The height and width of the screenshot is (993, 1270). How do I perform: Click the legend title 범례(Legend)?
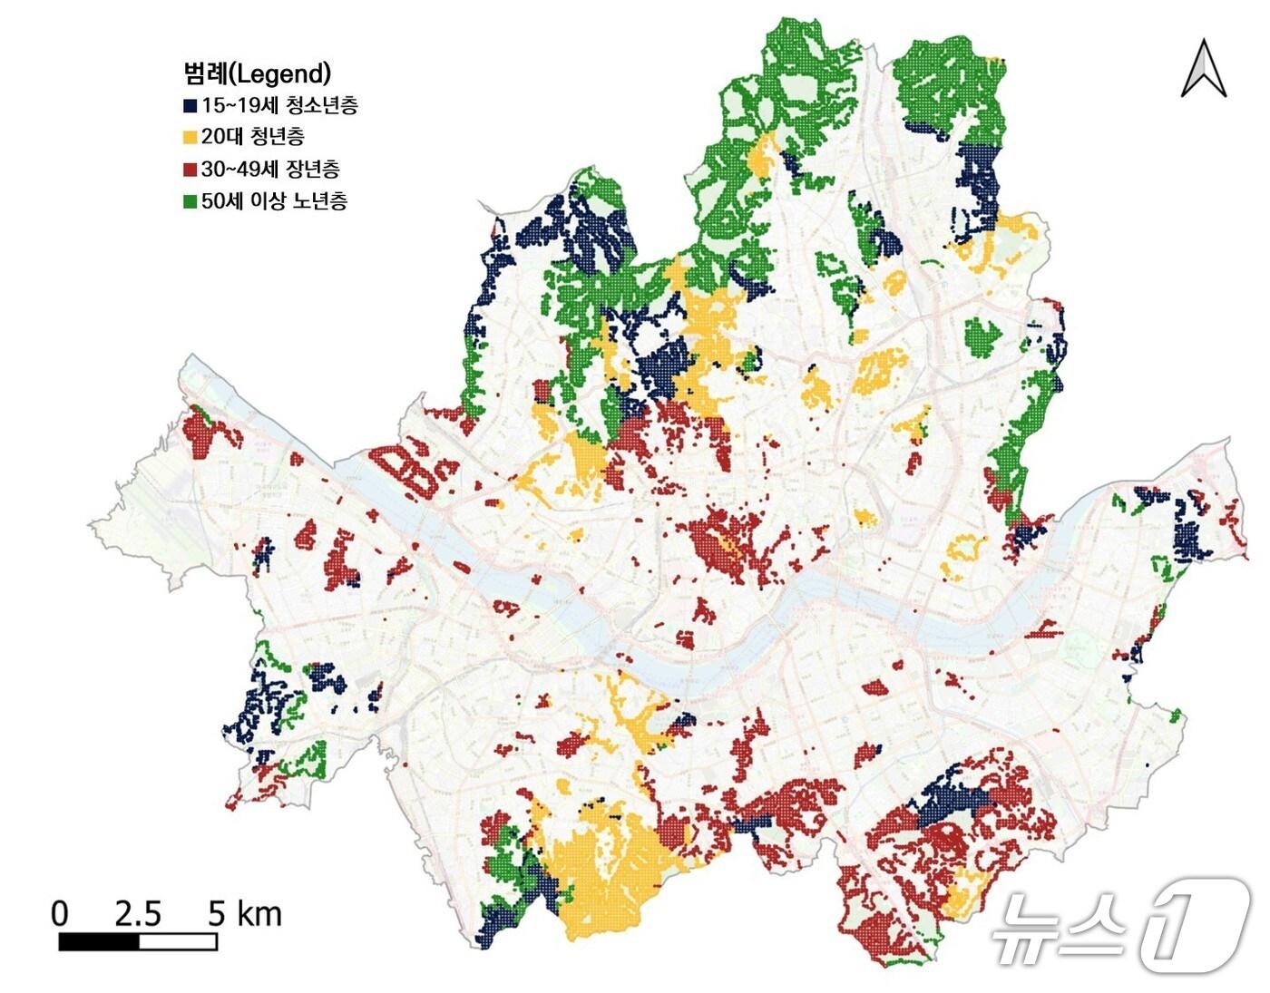tap(257, 73)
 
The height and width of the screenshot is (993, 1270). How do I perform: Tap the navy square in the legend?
tap(190, 106)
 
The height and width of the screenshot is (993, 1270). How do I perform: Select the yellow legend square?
tap(190, 138)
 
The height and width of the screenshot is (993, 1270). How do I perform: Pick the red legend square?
tap(190, 170)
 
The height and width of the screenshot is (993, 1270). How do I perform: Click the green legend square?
tap(190, 201)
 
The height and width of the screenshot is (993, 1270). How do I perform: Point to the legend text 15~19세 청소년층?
tap(279, 105)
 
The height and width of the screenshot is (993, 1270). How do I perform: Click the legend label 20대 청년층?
tap(253, 137)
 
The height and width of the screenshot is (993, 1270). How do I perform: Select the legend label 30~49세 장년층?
tap(270, 169)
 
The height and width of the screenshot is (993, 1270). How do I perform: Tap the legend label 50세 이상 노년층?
tap(274, 200)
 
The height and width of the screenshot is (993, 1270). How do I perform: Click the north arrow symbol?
tap(1204, 68)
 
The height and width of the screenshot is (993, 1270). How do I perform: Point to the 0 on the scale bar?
tap(60, 913)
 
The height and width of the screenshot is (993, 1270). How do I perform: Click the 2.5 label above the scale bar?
tap(138, 913)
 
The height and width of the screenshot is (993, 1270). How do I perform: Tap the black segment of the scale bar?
tap(99, 941)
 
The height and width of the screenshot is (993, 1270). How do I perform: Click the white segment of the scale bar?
tap(178, 941)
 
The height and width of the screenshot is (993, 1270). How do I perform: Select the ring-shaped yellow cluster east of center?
tap(966, 555)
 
